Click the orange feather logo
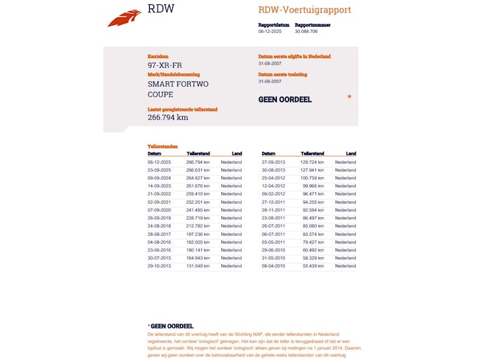(x=124, y=18)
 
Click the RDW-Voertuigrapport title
(x=304, y=11)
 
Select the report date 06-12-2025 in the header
(x=269, y=32)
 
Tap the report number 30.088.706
(x=306, y=32)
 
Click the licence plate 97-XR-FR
(x=165, y=66)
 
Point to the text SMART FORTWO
(x=178, y=84)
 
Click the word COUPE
(x=160, y=95)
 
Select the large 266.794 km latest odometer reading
(x=168, y=118)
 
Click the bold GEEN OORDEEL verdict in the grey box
(x=285, y=99)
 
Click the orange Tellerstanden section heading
(x=163, y=146)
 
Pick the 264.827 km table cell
(x=198, y=178)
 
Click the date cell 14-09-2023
(x=159, y=186)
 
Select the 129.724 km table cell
(x=313, y=162)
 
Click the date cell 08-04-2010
(x=273, y=266)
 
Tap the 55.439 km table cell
(x=313, y=266)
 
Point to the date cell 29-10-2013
(x=159, y=266)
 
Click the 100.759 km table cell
(x=313, y=178)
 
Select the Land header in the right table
(x=351, y=153)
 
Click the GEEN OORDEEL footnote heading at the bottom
(x=171, y=326)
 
